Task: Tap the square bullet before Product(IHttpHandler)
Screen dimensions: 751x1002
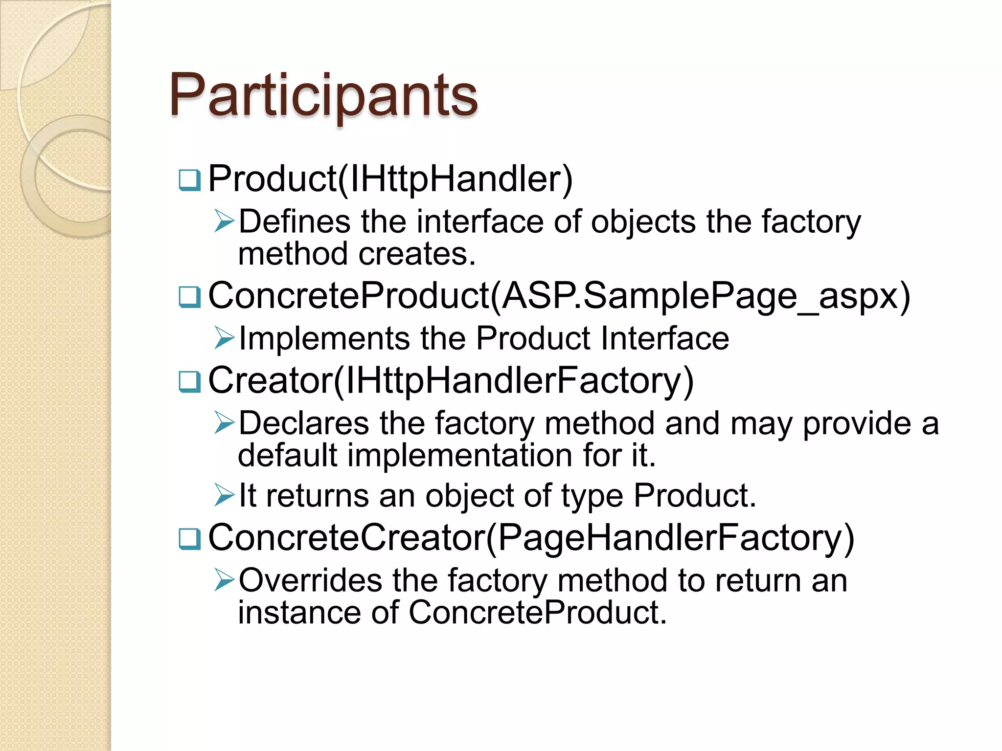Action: (x=189, y=180)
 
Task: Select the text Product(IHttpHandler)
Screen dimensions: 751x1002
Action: (x=390, y=179)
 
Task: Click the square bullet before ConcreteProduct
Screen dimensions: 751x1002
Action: (x=189, y=297)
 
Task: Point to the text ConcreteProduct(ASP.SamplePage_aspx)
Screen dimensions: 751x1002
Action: (x=559, y=296)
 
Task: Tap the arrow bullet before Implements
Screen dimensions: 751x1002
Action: (x=225, y=338)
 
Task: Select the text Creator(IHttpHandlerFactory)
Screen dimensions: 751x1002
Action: (x=451, y=381)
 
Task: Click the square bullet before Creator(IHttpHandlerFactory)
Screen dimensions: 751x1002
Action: (x=189, y=381)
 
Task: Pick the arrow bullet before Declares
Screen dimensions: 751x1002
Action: (x=225, y=423)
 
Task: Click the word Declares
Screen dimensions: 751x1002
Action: (x=303, y=423)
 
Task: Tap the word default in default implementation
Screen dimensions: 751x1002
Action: (x=287, y=455)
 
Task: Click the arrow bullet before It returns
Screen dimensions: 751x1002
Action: (x=225, y=495)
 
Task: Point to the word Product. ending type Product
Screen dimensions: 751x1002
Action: (x=695, y=496)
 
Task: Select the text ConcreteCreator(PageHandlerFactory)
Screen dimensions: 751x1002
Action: (x=531, y=538)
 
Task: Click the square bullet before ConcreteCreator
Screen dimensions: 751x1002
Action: (x=189, y=539)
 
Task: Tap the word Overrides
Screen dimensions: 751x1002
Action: (x=310, y=581)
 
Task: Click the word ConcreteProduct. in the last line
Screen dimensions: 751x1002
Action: (x=537, y=613)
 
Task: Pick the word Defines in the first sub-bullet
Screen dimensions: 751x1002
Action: (x=295, y=222)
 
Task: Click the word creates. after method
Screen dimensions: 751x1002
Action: (x=417, y=254)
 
